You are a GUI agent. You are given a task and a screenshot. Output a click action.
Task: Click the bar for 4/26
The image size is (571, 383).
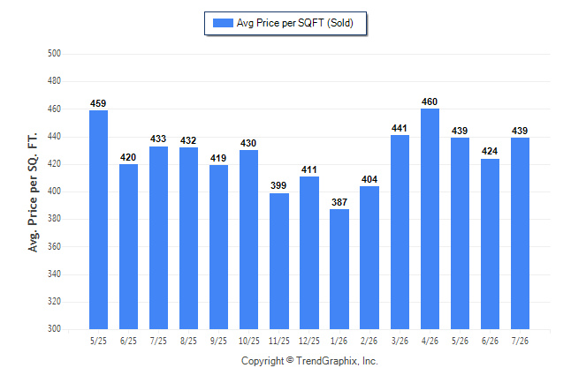(430, 219)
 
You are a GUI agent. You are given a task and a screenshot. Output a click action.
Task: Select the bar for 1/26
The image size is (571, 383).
(339, 269)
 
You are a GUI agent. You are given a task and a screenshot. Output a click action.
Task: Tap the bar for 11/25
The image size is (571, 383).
(279, 261)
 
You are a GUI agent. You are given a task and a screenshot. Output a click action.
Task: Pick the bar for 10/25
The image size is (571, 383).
(248, 239)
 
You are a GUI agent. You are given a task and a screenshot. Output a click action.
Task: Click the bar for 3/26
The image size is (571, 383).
(400, 232)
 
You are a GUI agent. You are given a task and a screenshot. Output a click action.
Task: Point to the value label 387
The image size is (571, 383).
(339, 202)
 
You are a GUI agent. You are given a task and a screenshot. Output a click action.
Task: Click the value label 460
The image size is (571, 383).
(430, 101)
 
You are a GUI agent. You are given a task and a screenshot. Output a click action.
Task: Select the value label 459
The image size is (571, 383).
(98, 103)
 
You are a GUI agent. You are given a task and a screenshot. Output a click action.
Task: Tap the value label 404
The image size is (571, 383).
(369, 179)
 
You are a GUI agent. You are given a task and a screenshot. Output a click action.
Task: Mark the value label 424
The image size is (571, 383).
(490, 151)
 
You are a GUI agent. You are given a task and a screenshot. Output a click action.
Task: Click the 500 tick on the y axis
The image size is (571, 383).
(54, 54)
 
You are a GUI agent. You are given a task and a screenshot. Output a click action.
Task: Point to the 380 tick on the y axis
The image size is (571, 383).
(54, 219)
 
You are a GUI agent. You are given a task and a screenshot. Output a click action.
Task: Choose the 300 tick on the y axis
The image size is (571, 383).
(54, 328)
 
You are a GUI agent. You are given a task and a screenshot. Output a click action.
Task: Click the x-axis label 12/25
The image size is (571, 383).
(309, 342)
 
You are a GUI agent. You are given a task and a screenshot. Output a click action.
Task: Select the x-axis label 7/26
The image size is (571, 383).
(520, 342)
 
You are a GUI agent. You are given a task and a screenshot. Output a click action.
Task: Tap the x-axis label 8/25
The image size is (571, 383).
(188, 342)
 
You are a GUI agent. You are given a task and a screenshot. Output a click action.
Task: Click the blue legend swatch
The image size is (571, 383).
(223, 23)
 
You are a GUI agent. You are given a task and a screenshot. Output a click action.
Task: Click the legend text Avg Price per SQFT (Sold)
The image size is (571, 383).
(295, 23)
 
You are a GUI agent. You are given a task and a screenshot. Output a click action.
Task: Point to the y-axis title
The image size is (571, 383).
(33, 192)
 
